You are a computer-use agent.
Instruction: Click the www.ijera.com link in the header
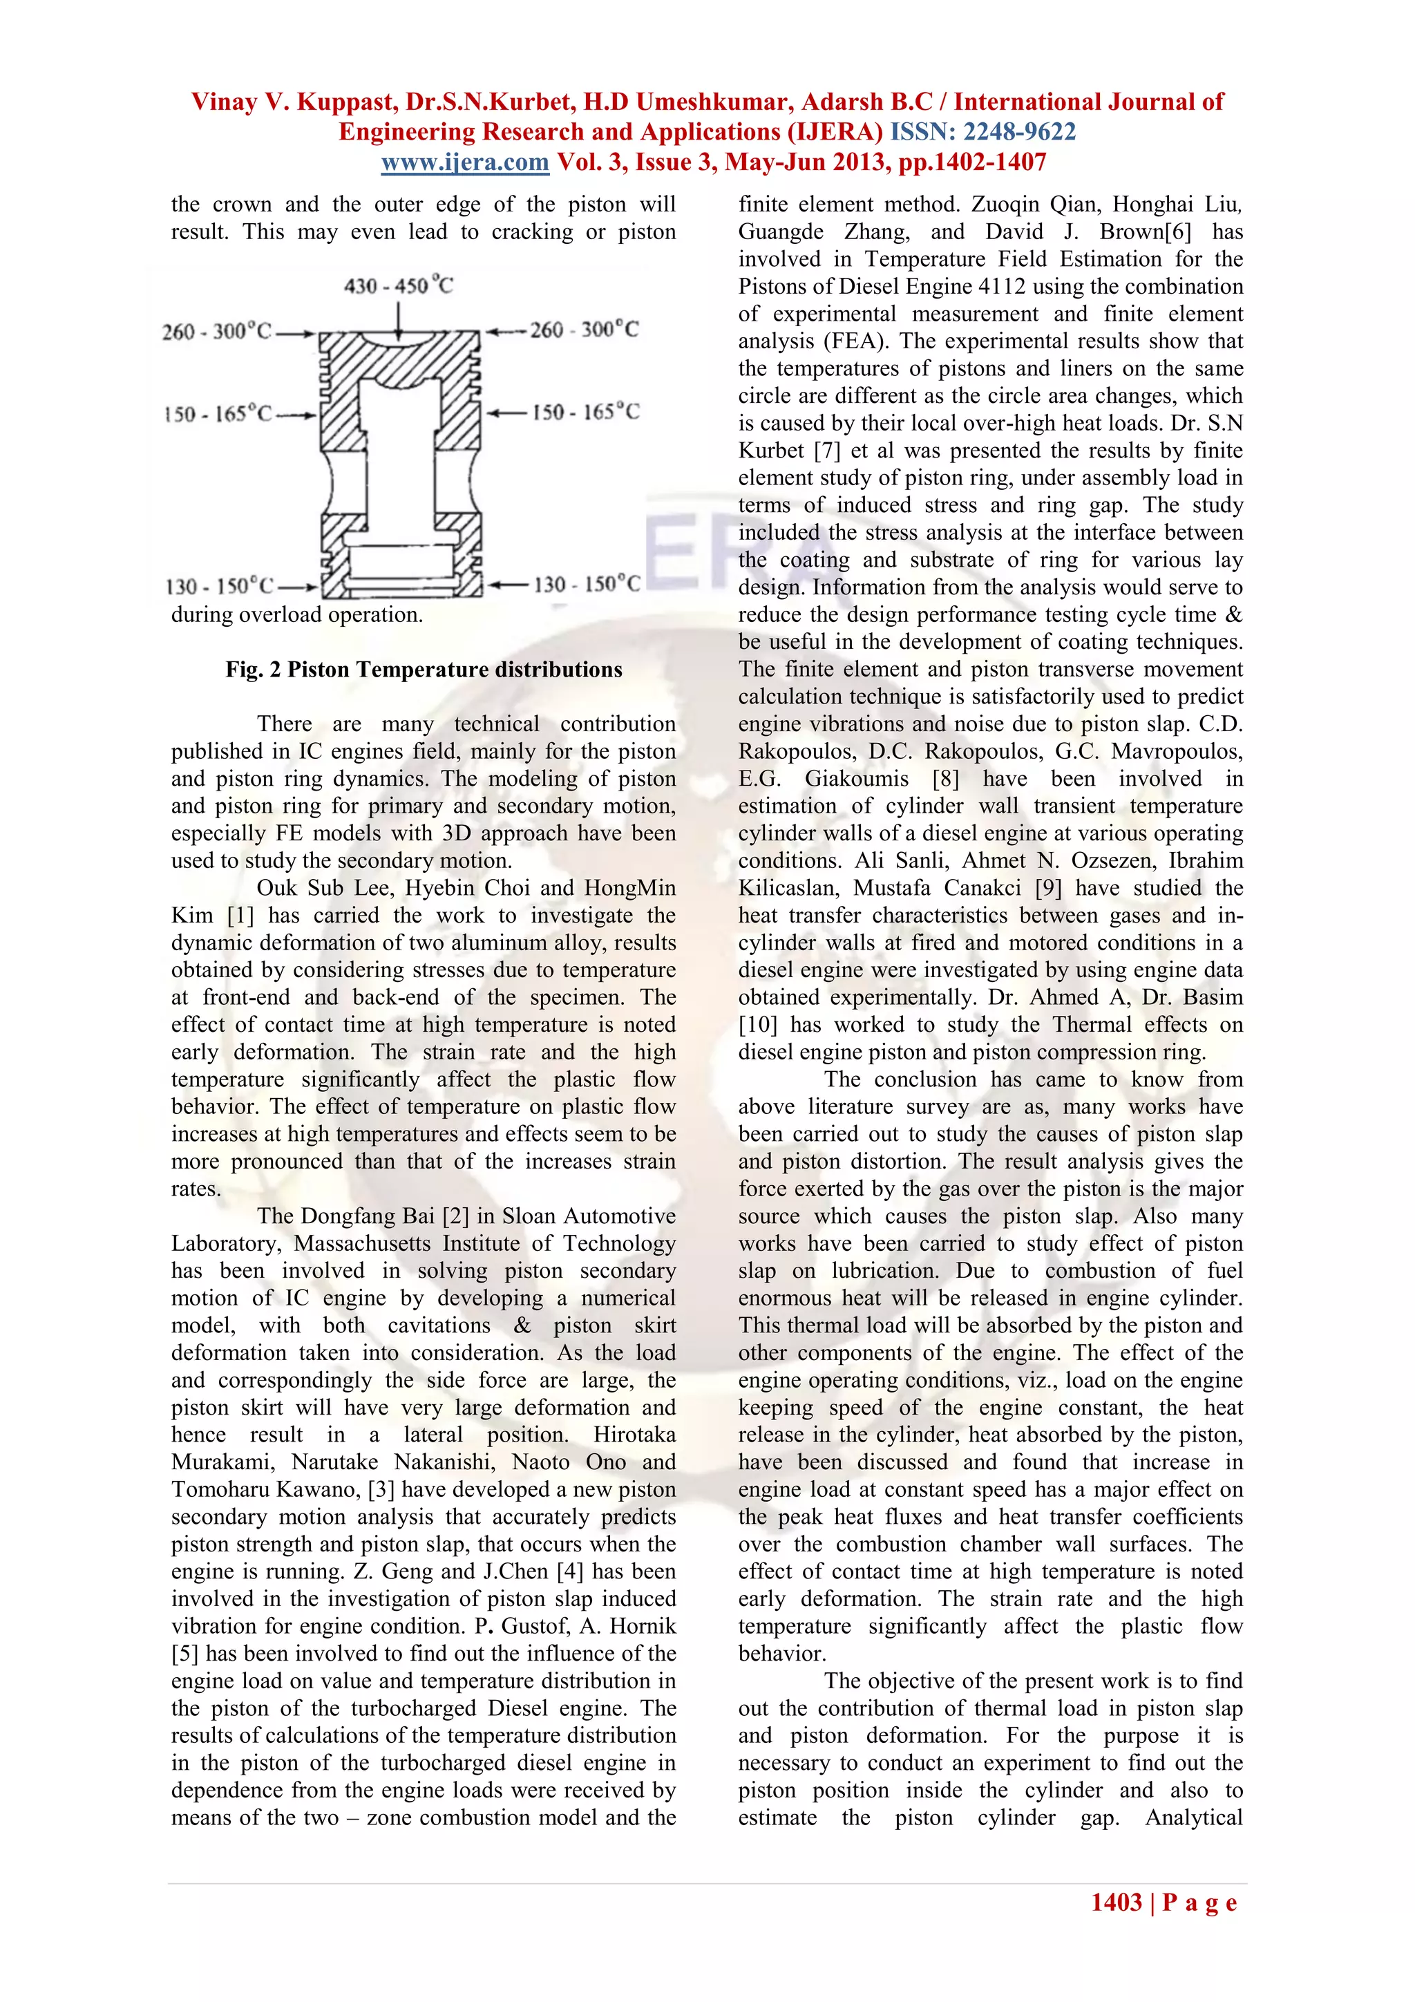465,162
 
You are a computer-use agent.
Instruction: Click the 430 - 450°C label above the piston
399,286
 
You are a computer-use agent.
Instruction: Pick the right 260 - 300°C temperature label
584,330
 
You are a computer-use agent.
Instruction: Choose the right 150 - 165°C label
586,412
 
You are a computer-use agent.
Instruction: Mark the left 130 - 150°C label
220,586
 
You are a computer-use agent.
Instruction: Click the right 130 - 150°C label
587,584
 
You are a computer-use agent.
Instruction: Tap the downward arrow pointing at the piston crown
399,320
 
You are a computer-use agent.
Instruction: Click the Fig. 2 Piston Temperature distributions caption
424,670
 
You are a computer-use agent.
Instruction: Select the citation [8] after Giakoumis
946,779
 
